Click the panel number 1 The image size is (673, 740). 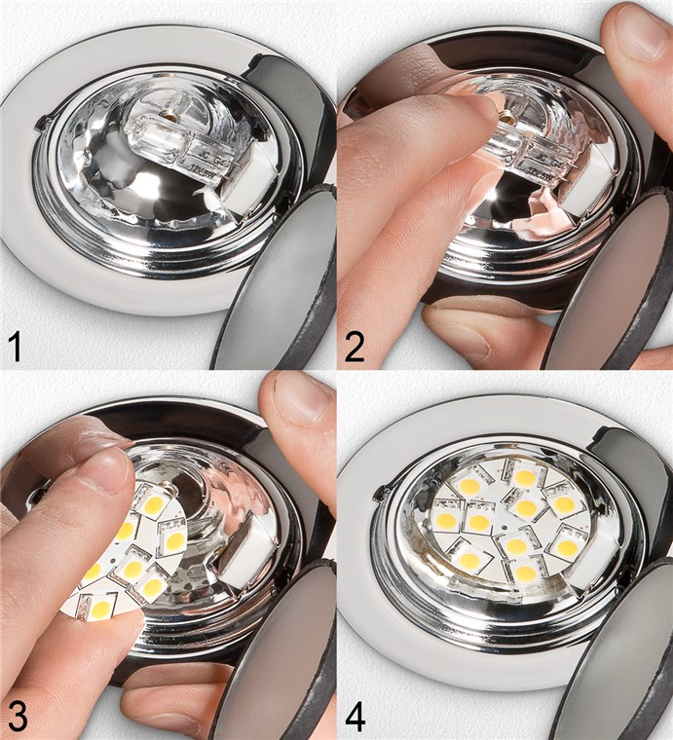click(x=16, y=346)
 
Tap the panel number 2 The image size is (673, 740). click(x=355, y=346)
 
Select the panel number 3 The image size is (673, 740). click(x=17, y=716)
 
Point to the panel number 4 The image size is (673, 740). click(x=355, y=716)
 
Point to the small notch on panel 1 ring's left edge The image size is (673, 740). click(x=41, y=125)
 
